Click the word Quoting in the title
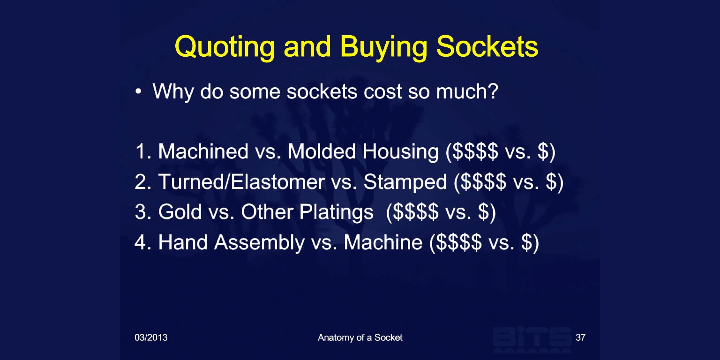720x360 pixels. [225, 47]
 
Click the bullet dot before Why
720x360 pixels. [138, 91]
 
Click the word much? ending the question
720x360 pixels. [467, 91]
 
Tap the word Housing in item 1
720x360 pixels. [400, 152]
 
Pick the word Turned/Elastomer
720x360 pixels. [241, 181]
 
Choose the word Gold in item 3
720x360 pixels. [180, 212]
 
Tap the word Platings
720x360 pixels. [336, 212]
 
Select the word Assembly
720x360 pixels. [259, 243]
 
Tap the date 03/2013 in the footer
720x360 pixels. [151, 337]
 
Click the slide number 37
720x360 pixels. [580, 337]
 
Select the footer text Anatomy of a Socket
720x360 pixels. [360, 337]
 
